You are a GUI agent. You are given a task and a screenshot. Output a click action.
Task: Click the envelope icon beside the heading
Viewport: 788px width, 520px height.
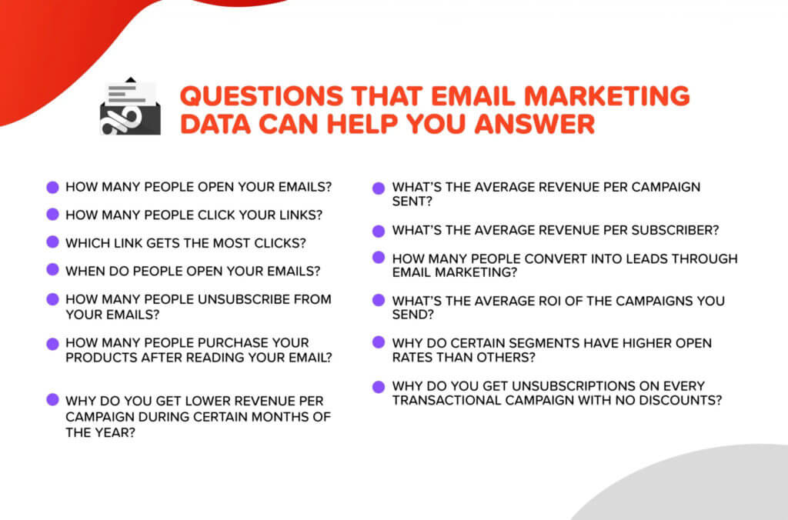pos(131,106)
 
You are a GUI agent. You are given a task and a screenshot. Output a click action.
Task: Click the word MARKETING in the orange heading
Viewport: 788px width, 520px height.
pos(607,96)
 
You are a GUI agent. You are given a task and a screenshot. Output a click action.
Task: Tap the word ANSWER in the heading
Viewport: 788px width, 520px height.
pos(535,124)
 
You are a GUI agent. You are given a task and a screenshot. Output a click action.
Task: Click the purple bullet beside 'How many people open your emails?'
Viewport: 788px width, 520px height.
pos(53,188)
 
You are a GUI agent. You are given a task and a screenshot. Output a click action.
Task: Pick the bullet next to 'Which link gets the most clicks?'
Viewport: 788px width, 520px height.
pos(53,242)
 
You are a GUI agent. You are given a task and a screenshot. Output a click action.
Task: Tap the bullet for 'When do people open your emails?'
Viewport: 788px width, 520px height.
pos(53,270)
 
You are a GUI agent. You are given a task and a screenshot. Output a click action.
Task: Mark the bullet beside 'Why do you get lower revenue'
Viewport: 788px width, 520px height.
pos(53,399)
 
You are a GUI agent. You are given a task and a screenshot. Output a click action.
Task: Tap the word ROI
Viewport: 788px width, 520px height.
pos(549,301)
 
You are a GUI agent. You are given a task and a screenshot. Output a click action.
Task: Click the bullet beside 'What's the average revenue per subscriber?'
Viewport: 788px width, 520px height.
pos(379,231)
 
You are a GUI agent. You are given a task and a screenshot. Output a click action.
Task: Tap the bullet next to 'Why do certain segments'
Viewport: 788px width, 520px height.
pos(379,342)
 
